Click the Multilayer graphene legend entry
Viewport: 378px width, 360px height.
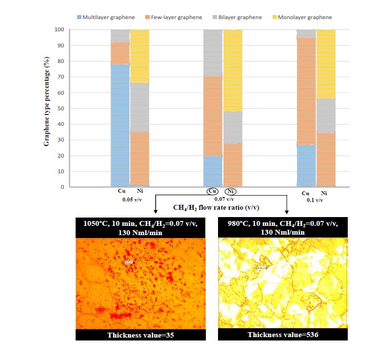coord(106,17)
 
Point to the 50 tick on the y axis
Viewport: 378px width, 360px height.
coord(61,108)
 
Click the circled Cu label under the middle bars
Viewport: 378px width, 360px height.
coord(213,192)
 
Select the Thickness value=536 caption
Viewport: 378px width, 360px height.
coord(282,335)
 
